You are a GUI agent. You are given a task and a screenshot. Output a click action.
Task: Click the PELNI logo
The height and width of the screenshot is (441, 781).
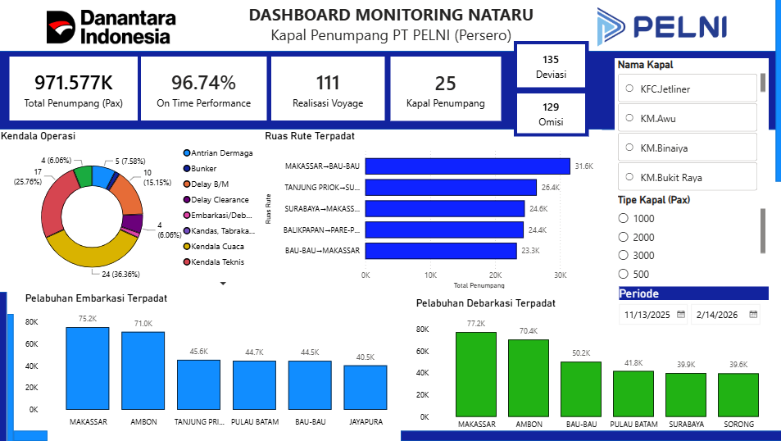661,26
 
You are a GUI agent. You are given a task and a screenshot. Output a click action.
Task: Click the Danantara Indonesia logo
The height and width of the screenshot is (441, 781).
111,27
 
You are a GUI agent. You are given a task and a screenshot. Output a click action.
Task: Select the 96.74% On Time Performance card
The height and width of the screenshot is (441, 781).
204,89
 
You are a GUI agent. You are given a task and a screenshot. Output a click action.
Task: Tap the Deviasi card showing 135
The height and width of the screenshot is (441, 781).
551,66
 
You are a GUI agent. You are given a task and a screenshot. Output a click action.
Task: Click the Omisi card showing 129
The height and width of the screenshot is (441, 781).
551,114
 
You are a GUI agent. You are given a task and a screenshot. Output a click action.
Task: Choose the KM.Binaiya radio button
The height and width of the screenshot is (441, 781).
629,148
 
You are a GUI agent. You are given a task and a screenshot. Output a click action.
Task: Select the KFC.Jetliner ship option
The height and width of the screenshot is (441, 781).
687,89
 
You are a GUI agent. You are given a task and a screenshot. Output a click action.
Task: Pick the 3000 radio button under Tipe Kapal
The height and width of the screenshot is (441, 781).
623,255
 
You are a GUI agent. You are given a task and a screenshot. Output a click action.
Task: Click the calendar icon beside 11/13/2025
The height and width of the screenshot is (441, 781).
681,315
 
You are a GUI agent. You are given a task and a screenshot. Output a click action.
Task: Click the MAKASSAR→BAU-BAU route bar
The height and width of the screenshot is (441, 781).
468,166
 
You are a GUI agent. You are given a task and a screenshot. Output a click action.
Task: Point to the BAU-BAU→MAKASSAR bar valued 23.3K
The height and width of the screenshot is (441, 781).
441,251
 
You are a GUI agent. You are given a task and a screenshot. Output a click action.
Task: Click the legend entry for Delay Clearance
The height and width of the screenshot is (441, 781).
216,200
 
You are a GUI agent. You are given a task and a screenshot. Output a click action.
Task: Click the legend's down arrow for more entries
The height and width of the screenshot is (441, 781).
223,284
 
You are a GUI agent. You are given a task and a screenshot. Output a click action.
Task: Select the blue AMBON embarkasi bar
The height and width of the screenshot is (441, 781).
143,371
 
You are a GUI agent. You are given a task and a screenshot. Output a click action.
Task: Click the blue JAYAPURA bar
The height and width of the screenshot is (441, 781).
366,388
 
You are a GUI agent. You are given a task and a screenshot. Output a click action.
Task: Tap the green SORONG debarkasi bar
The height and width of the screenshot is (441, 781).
738,395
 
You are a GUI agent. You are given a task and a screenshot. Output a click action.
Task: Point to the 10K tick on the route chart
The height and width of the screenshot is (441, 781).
430,275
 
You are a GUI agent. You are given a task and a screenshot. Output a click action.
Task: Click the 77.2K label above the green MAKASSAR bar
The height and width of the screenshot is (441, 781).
475,324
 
